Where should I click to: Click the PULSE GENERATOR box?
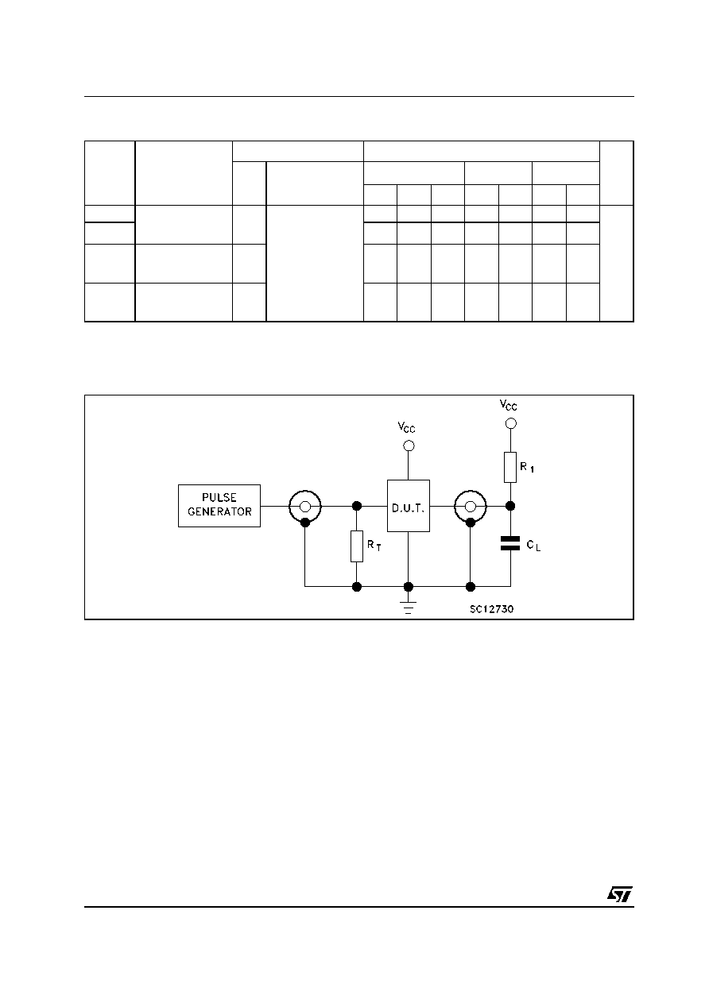tap(219, 506)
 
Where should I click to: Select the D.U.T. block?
tap(409, 506)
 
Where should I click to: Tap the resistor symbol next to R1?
tap(510, 468)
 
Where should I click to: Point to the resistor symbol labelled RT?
tap(357, 546)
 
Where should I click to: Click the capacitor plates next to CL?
tap(510, 543)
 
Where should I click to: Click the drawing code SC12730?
tap(492, 609)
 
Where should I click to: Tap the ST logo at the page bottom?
tap(620, 893)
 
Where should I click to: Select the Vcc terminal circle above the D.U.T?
tap(409, 446)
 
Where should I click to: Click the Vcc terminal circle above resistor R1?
tap(510, 423)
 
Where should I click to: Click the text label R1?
tap(527, 468)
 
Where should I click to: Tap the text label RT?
tap(374, 546)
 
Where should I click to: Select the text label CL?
tap(534, 546)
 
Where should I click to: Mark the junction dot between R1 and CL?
tap(510, 506)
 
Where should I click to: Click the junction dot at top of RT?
tap(357, 506)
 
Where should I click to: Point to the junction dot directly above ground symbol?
tap(409, 587)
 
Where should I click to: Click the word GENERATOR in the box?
tap(219, 511)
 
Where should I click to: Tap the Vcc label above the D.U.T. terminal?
tap(406, 427)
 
